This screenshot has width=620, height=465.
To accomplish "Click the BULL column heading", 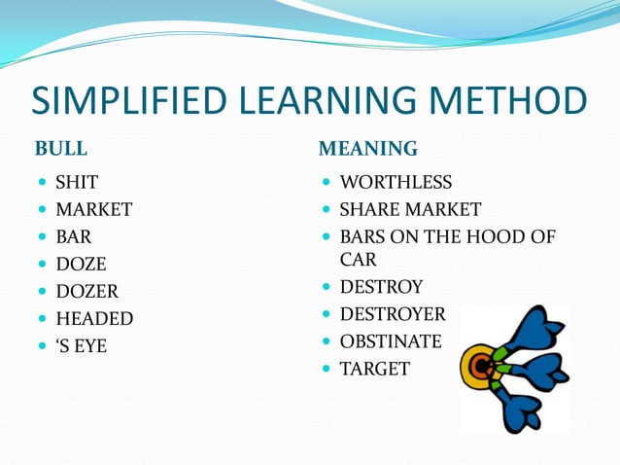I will [x=61, y=149].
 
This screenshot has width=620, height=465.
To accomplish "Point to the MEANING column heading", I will [x=368, y=149].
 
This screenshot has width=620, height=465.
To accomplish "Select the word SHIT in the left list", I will [x=77, y=182].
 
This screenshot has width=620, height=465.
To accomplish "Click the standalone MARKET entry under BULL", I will [x=93, y=209].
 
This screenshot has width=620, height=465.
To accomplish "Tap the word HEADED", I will [x=94, y=318].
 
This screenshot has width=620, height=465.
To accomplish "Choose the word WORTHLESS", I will [x=396, y=182].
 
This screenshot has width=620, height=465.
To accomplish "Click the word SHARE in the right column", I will [x=367, y=209].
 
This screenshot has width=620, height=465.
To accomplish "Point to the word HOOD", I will [x=504, y=236].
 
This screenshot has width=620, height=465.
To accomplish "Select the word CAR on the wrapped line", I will [x=358, y=260].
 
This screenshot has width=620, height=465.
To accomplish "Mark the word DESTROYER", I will [x=393, y=314].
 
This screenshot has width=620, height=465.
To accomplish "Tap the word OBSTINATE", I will [x=391, y=341].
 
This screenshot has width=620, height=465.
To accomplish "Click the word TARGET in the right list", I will [x=375, y=369].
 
